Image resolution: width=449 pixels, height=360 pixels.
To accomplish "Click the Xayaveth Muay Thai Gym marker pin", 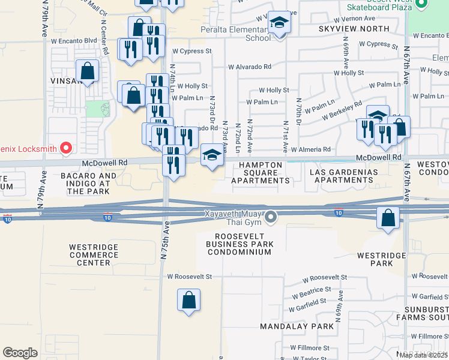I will pos(271,217).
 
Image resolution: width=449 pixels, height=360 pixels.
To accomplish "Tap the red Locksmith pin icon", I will pos(67,147).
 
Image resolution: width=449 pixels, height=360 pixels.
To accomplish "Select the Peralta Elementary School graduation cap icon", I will pos(279,24).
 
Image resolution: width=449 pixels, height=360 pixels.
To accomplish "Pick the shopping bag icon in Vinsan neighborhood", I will pos(87,71).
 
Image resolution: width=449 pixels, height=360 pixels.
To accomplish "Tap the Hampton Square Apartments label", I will pos(261,172).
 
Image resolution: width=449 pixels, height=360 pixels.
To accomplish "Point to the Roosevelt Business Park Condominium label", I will pos(240,244).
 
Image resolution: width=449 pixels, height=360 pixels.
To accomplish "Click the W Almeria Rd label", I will pos(310,149).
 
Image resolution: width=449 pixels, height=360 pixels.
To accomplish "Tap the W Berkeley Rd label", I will pos(342,110).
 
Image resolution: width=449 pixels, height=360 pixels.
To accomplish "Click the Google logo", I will pos(20,353).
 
